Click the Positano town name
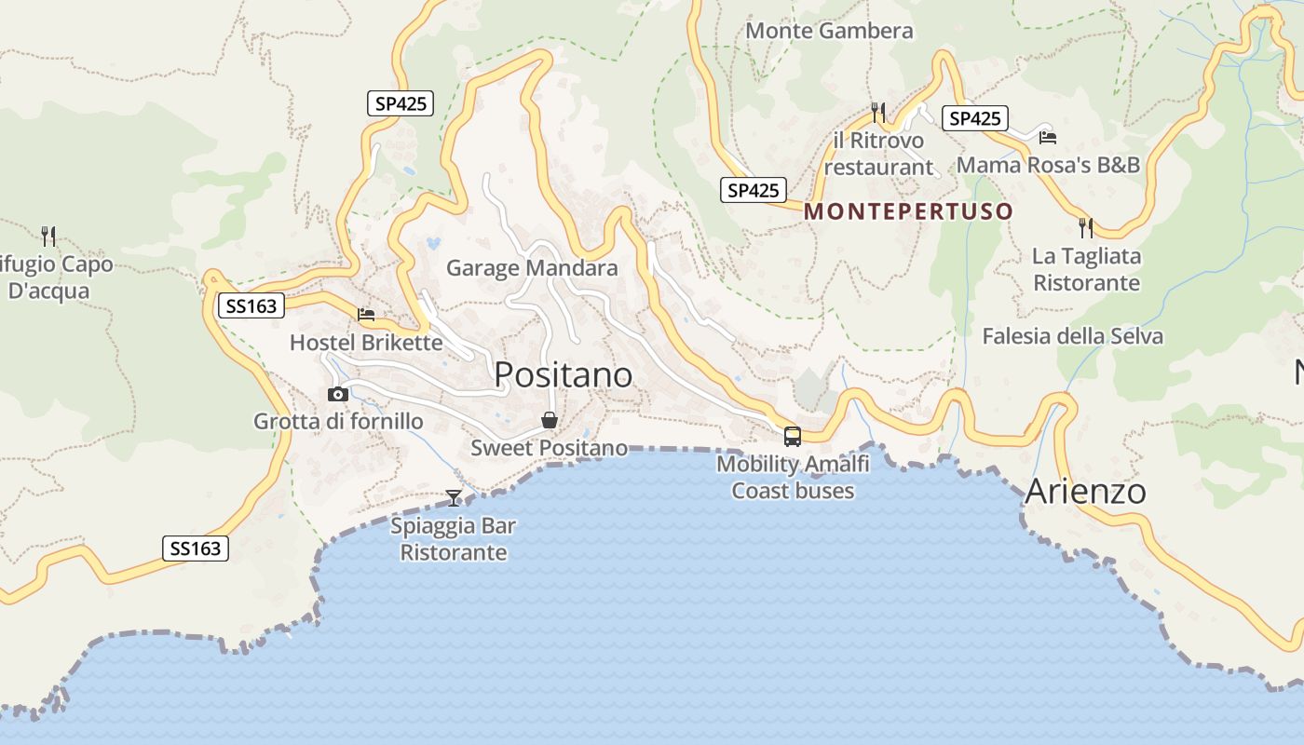click(x=563, y=374)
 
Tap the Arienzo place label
click(x=1085, y=492)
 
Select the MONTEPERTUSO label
click(x=908, y=211)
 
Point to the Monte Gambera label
click(x=829, y=31)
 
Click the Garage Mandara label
click(x=532, y=268)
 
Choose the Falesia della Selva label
click(x=1072, y=336)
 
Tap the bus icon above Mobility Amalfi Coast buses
click(x=792, y=436)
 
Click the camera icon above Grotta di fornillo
click(x=338, y=395)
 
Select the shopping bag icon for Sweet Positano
click(x=550, y=421)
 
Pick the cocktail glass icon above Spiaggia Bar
click(x=454, y=498)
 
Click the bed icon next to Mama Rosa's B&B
click(x=1047, y=137)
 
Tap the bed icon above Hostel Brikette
click(x=366, y=315)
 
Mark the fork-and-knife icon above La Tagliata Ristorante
click(x=1085, y=228)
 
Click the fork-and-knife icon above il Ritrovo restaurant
click(x=877, y=113)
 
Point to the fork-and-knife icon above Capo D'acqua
click(x=48, y=236)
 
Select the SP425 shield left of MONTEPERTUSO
click(x=753, y=190)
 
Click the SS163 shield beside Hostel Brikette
click(x=251, y=305)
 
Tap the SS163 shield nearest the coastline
click(x=196, y=549)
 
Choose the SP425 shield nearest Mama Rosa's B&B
click(x=974, y=118)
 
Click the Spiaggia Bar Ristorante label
click(x=453, y=539)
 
